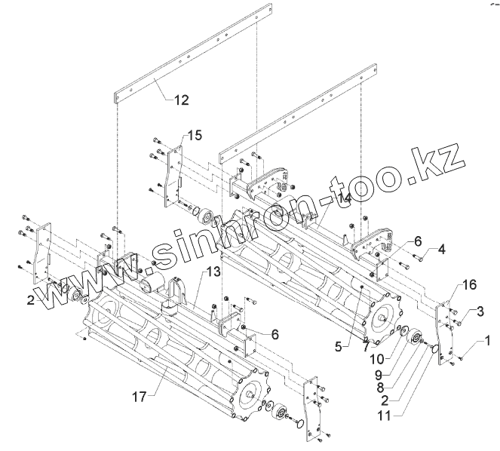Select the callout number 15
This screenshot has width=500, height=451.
pyautogui.click(x=195, y=135)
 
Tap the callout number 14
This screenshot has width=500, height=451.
pyautogui.click(x=345, y=198)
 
